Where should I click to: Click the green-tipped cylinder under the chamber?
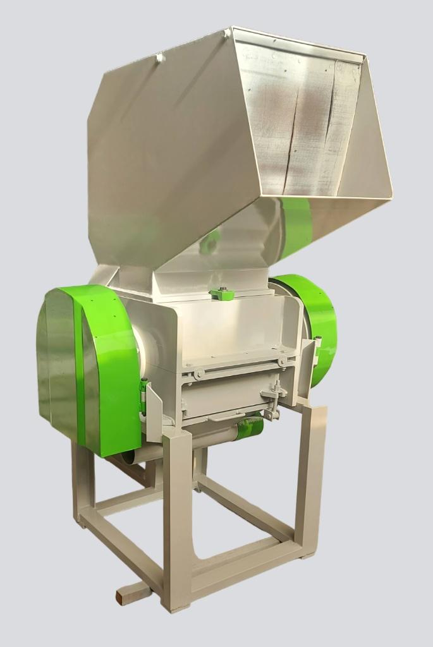[250, 428]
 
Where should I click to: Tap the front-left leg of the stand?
[176, 518]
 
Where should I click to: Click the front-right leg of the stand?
[311, 480]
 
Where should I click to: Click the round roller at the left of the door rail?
[198, 374]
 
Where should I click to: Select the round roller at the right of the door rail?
[282, 361]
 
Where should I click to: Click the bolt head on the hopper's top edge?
[159, 57]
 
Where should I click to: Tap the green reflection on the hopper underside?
[296, 224]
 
